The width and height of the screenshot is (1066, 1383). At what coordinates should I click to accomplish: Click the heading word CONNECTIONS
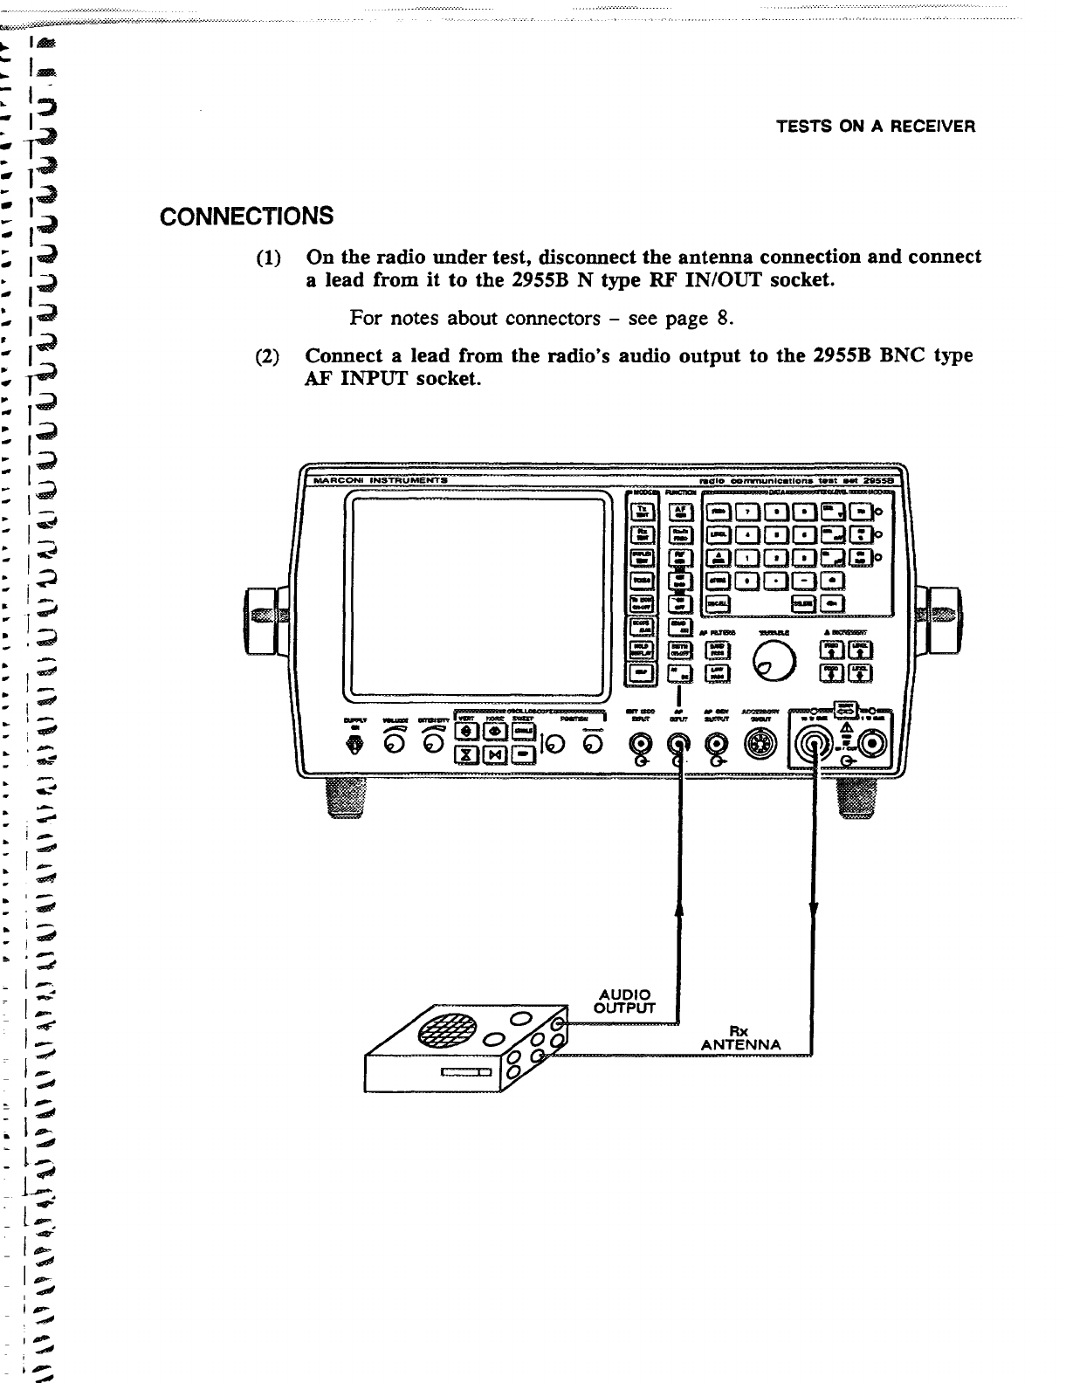246,215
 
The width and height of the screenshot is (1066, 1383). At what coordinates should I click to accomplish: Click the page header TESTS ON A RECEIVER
875,127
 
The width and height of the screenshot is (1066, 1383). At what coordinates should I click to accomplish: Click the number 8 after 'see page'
723,318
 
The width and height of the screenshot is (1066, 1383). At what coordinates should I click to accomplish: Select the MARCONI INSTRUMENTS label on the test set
375,479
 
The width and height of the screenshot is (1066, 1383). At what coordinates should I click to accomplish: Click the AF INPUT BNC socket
678,743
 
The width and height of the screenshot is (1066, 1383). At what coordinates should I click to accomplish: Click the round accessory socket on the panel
755,744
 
